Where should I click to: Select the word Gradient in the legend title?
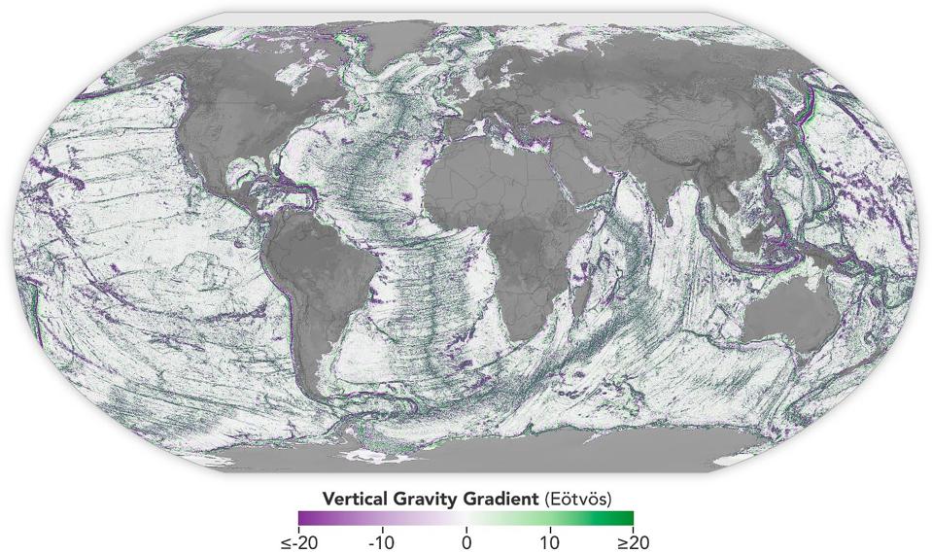501,500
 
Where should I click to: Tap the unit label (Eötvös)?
575,500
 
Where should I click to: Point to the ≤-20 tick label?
298,540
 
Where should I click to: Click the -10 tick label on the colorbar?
382,540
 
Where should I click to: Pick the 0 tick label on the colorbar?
466,540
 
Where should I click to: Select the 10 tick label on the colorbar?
549,540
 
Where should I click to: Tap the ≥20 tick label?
633,540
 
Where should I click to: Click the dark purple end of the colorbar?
304,518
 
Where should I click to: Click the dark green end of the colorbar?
628,518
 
